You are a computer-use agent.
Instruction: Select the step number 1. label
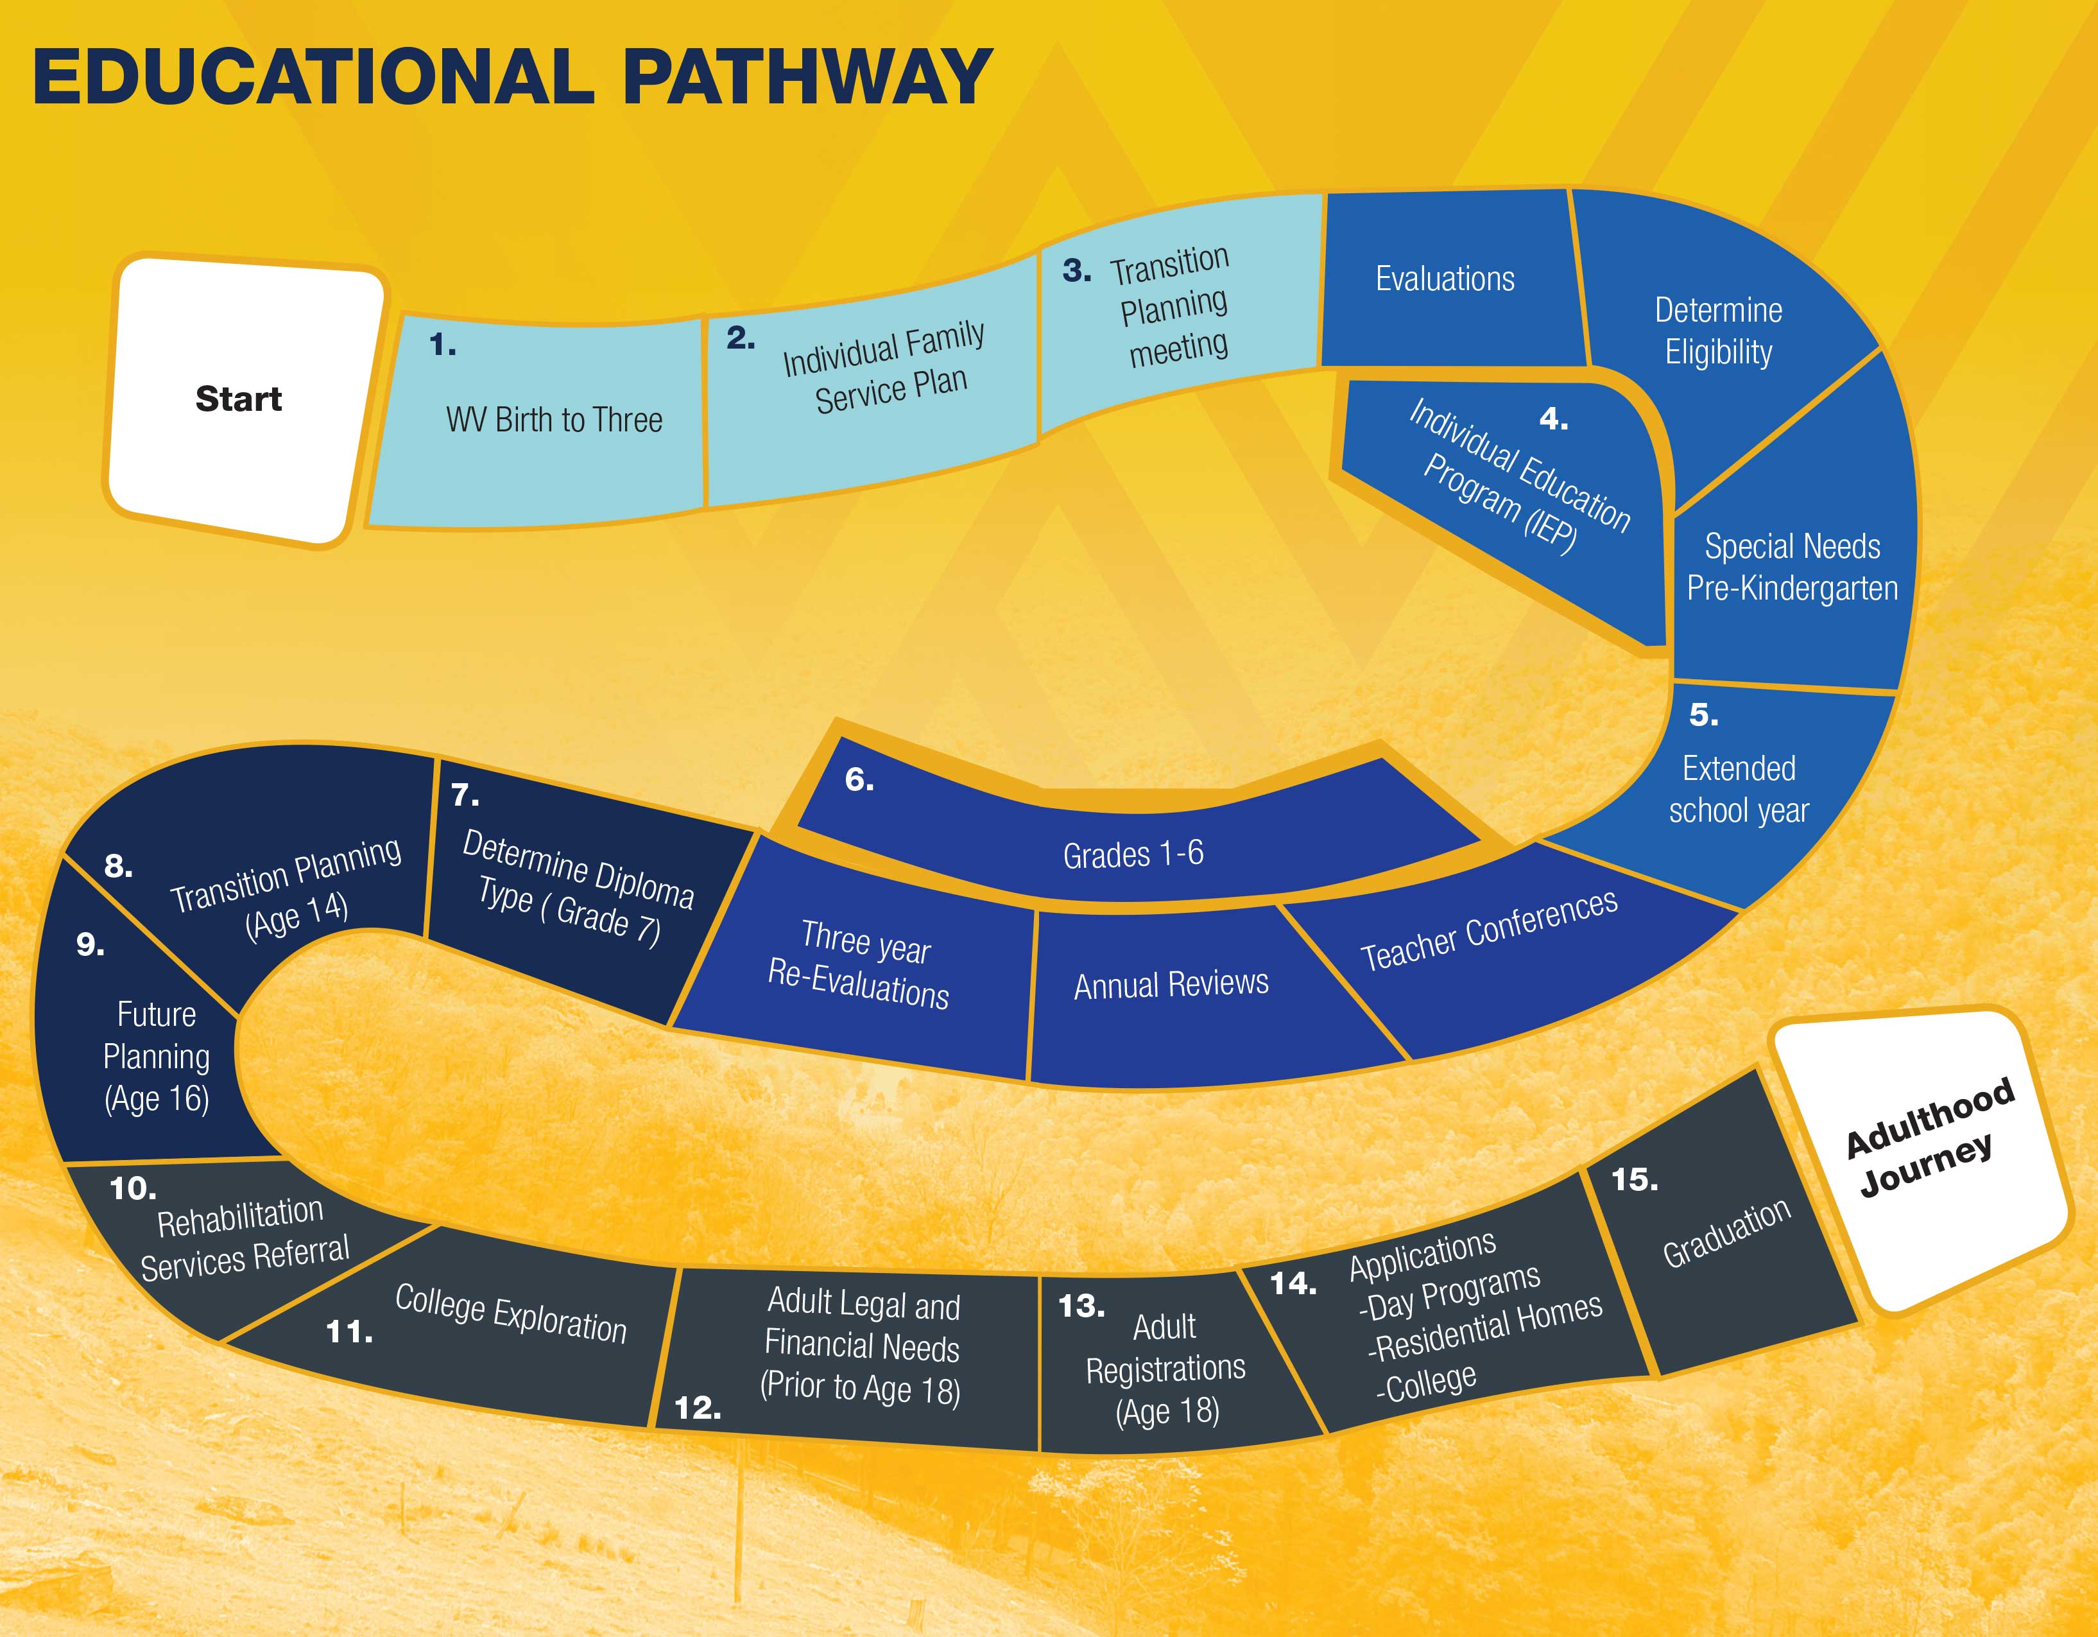[x=442, y=344]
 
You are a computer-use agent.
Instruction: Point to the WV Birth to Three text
[x=555, y=420]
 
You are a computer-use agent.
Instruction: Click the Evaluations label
[x=1445, y=279]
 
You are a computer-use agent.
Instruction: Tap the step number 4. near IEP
[x=1553, y=419]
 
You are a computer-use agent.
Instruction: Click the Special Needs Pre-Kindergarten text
[x=1793, y=567]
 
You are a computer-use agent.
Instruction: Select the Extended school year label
[x=1739, y=789]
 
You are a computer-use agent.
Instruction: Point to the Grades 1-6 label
[x=1133, y=853]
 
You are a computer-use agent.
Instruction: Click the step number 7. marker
[x=465, y=795]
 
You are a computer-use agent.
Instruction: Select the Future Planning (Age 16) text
[x=157, y=1056]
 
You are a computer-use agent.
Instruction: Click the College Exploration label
[x=510, y=1313]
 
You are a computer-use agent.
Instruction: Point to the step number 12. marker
[x=698, y=1407]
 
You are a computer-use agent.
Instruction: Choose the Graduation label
[x=1726, y=1233]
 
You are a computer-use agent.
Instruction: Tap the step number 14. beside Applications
[x=1293, y=1283]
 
